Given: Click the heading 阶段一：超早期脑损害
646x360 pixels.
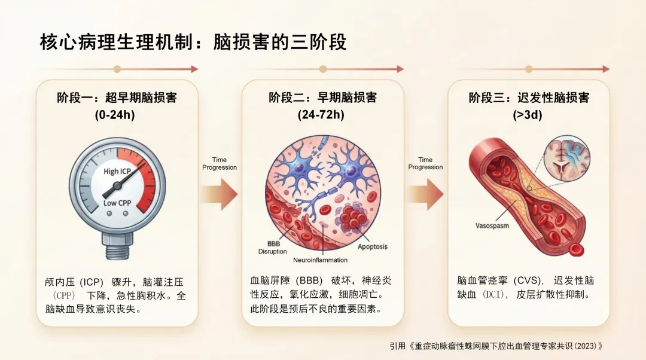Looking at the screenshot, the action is tap(117, 97).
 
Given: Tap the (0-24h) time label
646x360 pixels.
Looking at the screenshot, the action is tap(117, 115).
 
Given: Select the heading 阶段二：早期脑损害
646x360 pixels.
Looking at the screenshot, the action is tap(323, 97).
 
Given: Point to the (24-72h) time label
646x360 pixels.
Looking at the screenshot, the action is tap(323, 115).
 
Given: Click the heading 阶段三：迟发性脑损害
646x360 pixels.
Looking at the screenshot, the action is tap(529, 97).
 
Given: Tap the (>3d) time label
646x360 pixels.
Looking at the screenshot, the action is tap(529, 115).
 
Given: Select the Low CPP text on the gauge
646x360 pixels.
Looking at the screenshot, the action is tap(117, 203).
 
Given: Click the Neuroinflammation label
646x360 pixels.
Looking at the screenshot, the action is tap(320, 260).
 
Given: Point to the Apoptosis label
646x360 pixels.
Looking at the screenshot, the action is tap(372, 246).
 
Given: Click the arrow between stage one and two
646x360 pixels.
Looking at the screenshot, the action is tap(220, 193).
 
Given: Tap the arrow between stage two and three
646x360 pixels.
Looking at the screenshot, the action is tap(426, 193).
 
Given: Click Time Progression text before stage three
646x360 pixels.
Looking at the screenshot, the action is tap(425, 163).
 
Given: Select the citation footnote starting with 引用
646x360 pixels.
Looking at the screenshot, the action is tap(496, 346).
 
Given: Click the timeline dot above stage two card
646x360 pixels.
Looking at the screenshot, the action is tap(323, 69).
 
